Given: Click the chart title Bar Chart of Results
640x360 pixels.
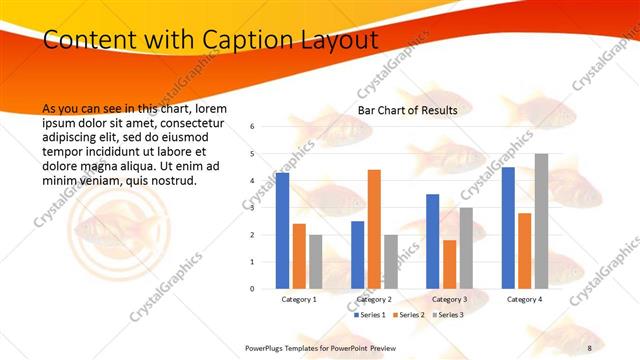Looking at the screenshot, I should [x=407, y=110].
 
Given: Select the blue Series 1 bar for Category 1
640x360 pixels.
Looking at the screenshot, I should [x=283, y=230].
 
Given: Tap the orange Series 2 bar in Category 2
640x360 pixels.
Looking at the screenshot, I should [x=374, y=229].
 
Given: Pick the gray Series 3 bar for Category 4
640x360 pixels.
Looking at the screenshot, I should [x=541, y=221].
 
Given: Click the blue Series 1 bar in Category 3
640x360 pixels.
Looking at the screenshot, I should [x=433, y=241].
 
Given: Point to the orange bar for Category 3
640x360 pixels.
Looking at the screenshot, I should [x=449, y=264].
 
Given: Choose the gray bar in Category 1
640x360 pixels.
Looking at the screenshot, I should [x=315, y=261].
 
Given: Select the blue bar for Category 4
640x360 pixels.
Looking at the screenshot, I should [x=508, y=228].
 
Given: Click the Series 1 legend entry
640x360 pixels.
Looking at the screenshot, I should [x=369, y=315].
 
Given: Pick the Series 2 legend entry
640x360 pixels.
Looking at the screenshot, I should [x=408, y=315].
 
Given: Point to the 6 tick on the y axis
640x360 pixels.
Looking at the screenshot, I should [x=253, y=127].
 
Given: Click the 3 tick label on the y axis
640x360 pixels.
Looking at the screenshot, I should [x=253, y=208].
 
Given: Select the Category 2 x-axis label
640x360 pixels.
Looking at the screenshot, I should [x=374, y=299].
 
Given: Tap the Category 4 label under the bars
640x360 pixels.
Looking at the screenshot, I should [x=524, y=299].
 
